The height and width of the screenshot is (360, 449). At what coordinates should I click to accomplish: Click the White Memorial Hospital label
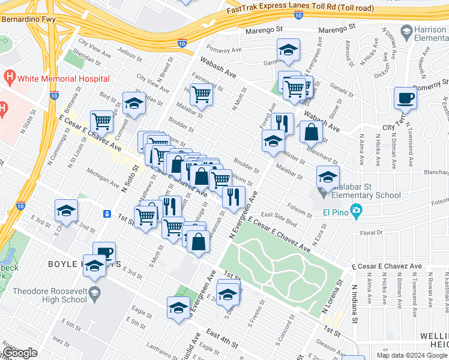click(x=64, y=79)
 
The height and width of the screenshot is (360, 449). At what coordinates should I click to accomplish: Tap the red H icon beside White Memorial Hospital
click(x=9, y=78)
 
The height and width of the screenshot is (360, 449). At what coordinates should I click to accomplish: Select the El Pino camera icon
click(x=356, y=211)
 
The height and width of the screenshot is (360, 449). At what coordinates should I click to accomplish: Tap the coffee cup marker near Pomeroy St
click(x=405, y=98)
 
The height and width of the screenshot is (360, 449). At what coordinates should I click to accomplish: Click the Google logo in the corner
click(x=20, y=353)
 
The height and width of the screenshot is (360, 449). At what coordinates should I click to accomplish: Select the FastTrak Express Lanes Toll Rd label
click(x=300, y=9)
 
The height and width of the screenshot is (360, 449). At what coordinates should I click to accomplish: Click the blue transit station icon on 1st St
click(x=107, y=214)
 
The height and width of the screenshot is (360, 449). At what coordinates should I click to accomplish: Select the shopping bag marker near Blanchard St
click(x=311, y=131)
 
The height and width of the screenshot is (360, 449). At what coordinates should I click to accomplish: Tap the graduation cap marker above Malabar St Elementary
click(x=328, y=176)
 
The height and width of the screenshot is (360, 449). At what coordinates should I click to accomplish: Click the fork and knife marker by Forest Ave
click(x=282, y=124)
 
